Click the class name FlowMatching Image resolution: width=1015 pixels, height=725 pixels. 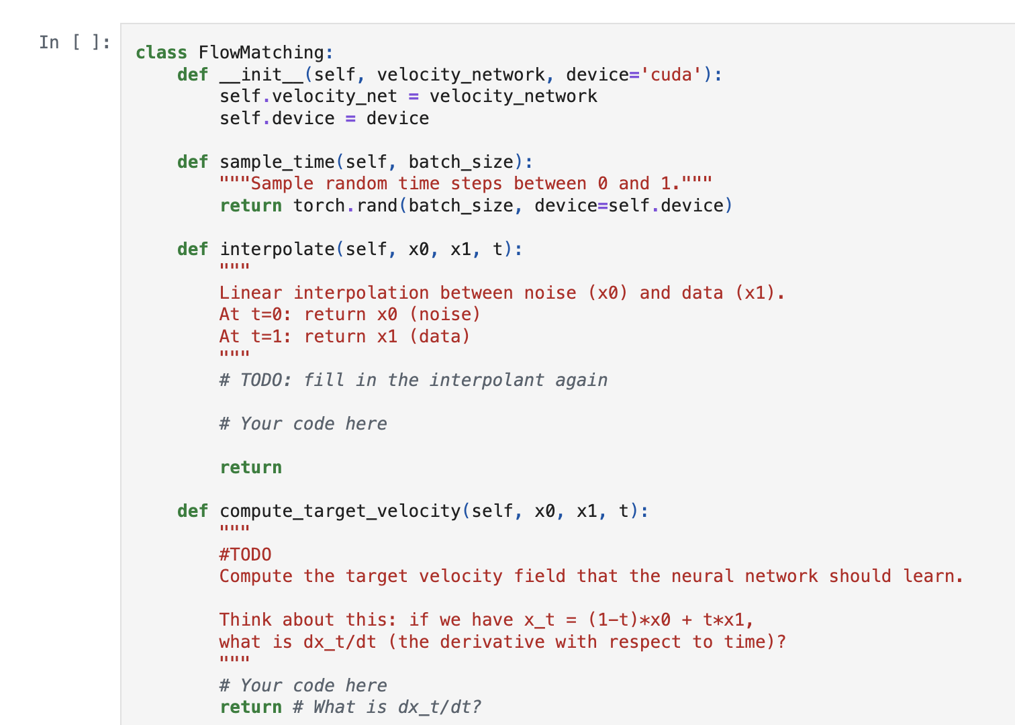(x=261, y=52)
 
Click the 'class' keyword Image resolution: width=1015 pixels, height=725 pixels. (x=161, y=52)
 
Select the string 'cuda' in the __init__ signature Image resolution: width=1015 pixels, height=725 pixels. (x=671, y=75)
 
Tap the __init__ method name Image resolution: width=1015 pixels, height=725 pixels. (x=261, y=75)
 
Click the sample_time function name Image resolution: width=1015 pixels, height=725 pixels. (x=277, y=162)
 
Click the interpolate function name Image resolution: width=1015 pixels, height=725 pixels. (x=277, y=249)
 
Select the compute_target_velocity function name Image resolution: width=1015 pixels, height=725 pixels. (x=340, y=511)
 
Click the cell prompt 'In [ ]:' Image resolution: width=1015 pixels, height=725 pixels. (x=74, y=42)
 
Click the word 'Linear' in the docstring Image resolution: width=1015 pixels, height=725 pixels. (x=250, y=293)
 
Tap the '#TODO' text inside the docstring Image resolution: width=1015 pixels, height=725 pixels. (x=245, y=554)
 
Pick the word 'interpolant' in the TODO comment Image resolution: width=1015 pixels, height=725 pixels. (x=487, y=380)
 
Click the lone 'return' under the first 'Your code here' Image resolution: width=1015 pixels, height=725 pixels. (x=250, y=467)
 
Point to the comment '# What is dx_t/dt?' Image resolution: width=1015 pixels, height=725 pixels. (x=387, y=707)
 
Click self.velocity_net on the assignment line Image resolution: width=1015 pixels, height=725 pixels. (x=308, y=96)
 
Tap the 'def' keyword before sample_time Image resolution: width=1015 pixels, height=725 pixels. (x=193, y=162)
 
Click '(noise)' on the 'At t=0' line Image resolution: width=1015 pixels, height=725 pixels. (x=445, y=314)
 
